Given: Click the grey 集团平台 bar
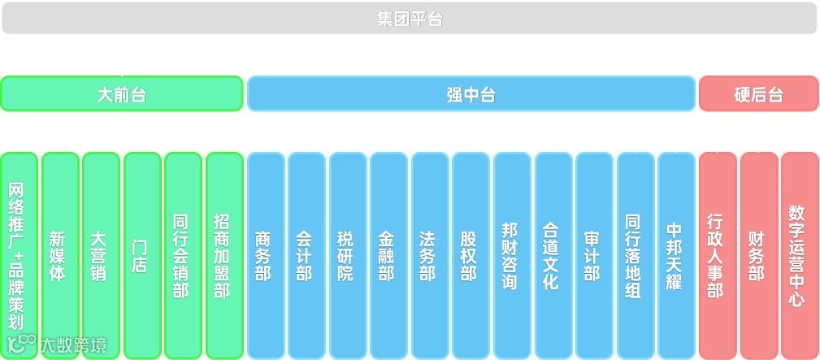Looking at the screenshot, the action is pyautogui.click(x=410, y=19).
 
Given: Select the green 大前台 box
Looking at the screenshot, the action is pyautogui.click(x=122, y=93).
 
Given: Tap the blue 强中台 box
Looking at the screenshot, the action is pyautogui.click(x=471, y=93).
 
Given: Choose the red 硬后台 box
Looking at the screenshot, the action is pyautogui.click(x=758, y=93).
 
